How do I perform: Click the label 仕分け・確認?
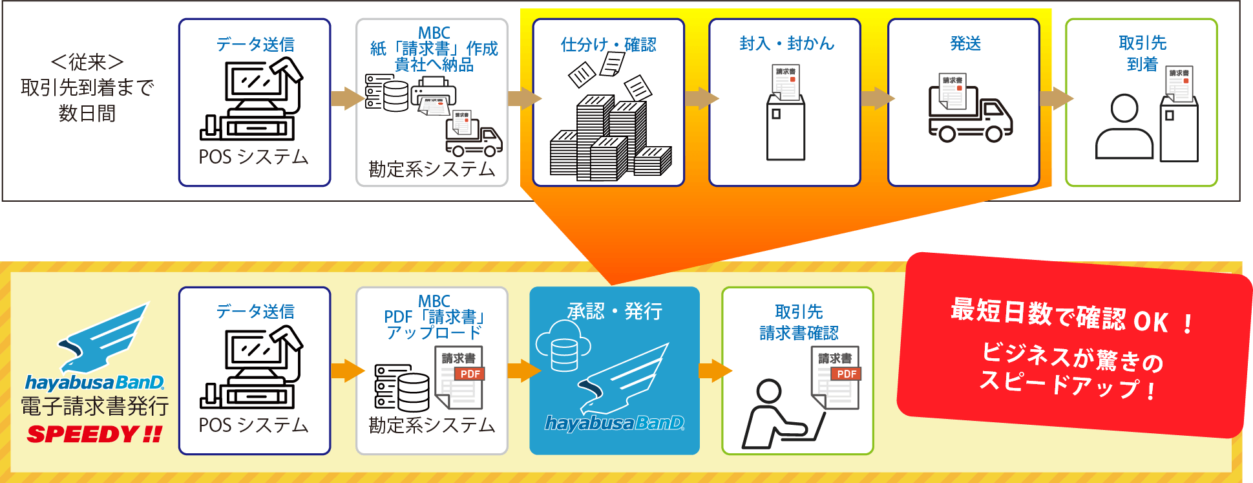(608, 44)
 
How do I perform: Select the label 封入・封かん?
(786, 43)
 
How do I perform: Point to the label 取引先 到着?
(1142, 53)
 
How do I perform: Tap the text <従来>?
(87, 62)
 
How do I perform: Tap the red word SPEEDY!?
(94, 434)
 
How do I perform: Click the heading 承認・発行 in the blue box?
(614, 311)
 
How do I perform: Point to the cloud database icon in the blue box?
(563, 347)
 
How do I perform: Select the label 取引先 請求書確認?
(799, 322)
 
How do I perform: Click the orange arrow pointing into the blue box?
(523, 370)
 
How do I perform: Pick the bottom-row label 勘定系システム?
(432, 425)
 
